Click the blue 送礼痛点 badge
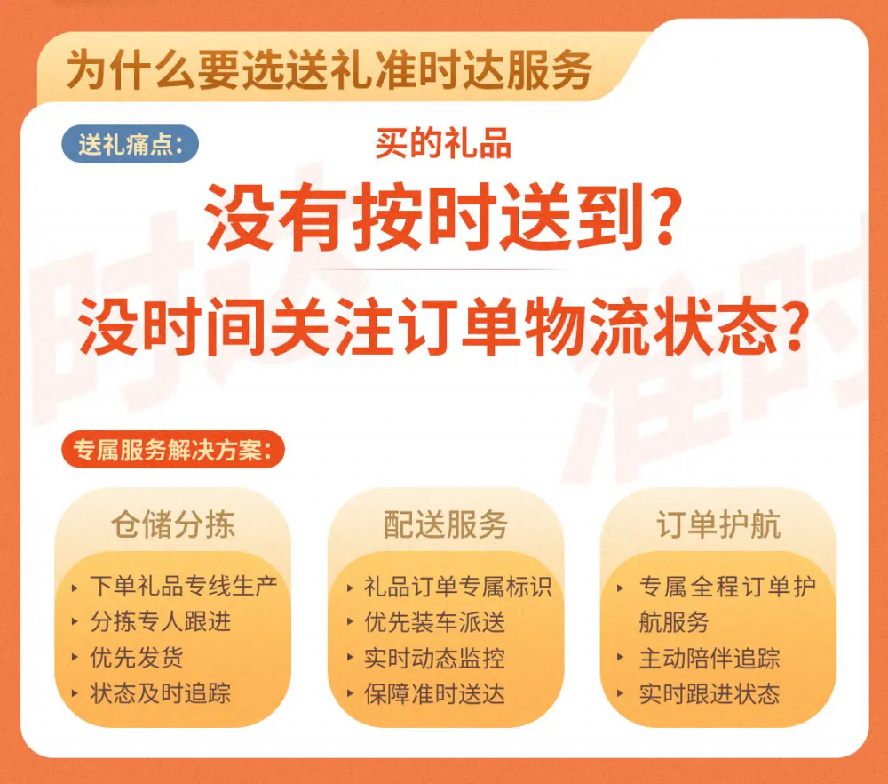(131, 144)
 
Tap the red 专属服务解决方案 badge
(173, 450)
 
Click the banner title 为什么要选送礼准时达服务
(329, 70)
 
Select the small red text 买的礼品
(443, 143)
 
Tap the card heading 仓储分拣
(173, 524)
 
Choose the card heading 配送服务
(446, 524)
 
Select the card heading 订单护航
(718, 524)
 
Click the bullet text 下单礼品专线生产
(184, 586)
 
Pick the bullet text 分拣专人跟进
(160, 622)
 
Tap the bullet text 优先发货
(137, 658)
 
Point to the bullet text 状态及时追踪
(160, 693)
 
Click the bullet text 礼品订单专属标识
(457, 587)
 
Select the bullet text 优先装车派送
(434, 622)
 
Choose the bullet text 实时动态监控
(434, 658)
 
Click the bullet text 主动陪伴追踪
(710, 658)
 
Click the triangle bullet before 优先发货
(75, 658)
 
